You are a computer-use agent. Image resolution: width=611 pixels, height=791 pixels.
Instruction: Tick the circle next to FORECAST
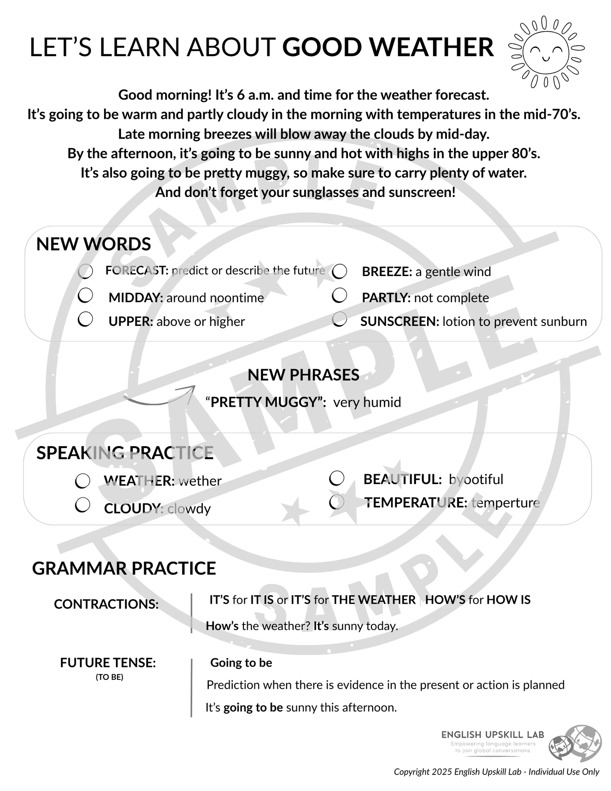pos(85,271)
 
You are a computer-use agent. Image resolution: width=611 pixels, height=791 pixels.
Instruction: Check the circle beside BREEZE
pos(340,271)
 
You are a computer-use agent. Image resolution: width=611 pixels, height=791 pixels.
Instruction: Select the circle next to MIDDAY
pos(85,296)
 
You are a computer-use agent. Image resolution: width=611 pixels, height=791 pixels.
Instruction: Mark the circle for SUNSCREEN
pos(340,320)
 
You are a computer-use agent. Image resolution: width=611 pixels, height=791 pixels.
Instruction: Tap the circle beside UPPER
pos(85,319)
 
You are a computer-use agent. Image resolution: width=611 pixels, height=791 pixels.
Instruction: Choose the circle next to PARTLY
pos(340,296)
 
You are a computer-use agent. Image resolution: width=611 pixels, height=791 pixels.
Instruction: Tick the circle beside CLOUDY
pos(82,505)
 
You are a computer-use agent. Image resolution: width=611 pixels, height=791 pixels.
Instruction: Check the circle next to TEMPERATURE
pos(337,502)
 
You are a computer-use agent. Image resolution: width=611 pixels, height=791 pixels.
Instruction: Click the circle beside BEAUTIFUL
pos(337,479)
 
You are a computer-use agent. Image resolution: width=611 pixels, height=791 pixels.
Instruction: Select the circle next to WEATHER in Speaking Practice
pos(82,481)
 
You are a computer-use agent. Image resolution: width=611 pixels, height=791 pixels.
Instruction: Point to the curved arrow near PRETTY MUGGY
pos(159,396)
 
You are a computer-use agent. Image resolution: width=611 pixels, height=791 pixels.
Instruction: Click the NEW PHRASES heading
pos(303,375)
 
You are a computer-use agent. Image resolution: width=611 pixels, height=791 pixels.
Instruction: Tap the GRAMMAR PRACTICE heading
pos(124,569)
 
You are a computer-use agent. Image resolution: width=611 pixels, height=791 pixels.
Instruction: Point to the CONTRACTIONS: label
pos(106,604)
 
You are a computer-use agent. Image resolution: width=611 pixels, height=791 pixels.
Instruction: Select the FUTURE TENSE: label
pos(108,662)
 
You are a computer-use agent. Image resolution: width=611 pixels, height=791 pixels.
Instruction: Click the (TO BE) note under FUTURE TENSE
pos(109,677)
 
